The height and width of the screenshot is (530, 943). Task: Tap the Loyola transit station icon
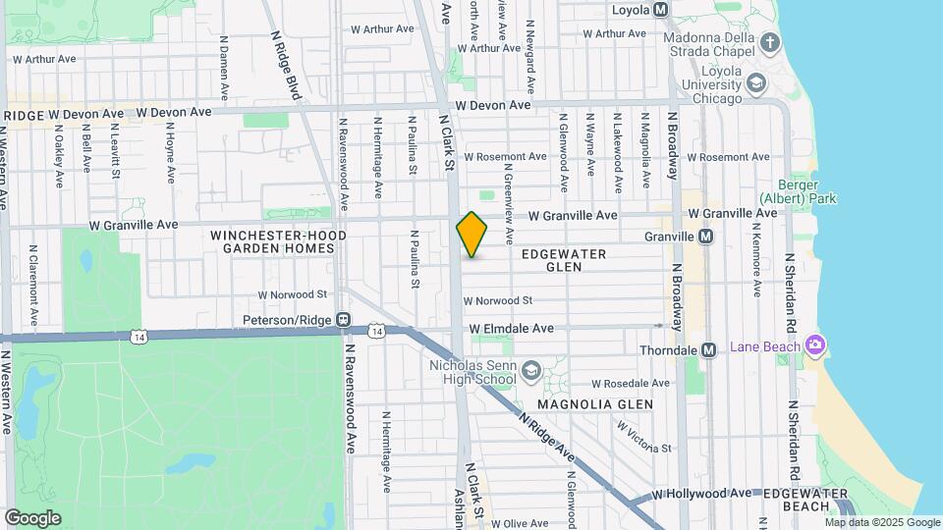pos(661,10)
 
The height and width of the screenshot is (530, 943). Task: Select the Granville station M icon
pos(705,237)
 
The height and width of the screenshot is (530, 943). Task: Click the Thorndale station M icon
pos(707,350)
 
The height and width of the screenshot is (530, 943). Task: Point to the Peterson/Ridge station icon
pos(343,320)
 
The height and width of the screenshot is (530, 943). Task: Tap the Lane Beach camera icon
pos(813,345)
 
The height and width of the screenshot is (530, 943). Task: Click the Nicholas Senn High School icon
pos(531,369)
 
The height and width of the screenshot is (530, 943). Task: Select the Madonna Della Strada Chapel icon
pos(769,43)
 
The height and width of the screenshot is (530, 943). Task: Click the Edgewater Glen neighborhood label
pos(564,260)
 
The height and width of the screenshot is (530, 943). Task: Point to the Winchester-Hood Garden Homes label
pos(272,241)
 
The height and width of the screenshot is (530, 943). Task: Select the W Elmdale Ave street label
pos(511,328)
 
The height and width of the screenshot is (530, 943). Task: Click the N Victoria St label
pos(642,437)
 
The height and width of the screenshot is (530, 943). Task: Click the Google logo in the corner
pos(32,517)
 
